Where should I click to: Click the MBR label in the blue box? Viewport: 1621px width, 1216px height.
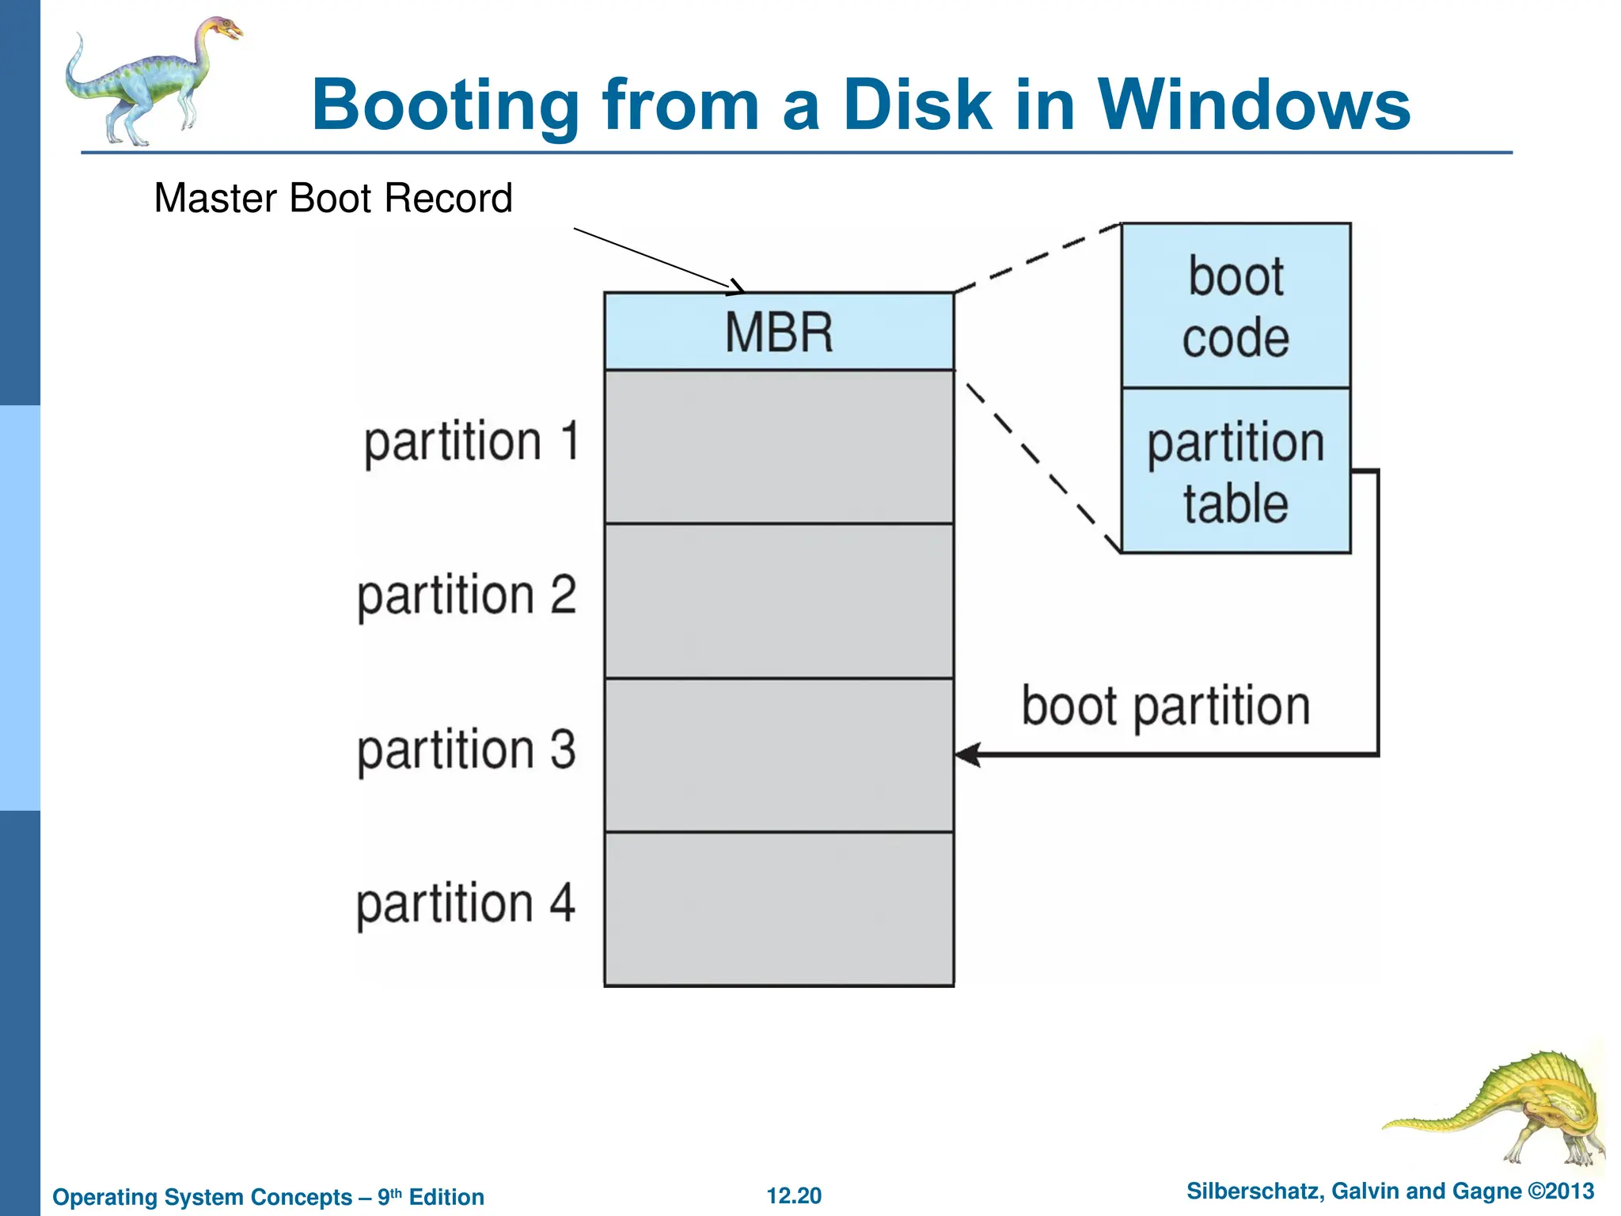tap(779, 332)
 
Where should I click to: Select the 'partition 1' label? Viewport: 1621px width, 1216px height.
tap(472, 442)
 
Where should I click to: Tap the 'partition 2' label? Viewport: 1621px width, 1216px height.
tap(467, 595)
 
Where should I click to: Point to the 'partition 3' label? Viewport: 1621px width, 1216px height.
tap(467, 750)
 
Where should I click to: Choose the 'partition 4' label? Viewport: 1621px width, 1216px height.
tap(465, 903)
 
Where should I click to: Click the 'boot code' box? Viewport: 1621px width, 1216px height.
tap(1236, 306)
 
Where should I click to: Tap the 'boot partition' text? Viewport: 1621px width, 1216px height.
tap(1166, 706)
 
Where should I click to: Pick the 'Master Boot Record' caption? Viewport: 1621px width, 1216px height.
tap(333, 198)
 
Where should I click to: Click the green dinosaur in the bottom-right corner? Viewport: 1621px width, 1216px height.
tap(1520, 1108)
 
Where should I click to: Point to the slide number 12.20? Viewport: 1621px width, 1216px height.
tap(794, 1195)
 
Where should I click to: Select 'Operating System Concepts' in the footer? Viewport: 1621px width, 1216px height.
tap(203, 1197)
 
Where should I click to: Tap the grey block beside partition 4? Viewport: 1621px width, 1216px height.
tap(779, 909)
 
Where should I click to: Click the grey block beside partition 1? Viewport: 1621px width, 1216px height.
tap(779, 446)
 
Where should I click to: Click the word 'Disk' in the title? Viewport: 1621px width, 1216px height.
tap(917, 104)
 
